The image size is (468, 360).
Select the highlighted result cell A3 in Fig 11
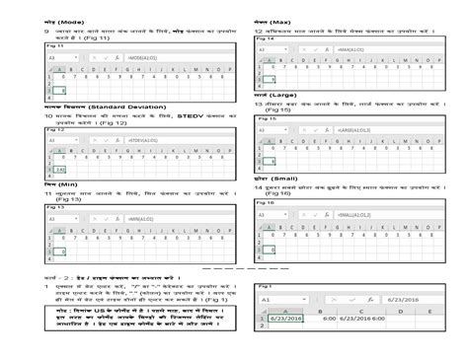click(61, 90)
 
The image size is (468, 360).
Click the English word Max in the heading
click(284, 20)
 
